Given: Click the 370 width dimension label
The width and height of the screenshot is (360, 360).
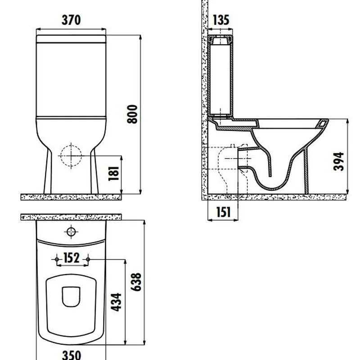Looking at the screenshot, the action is click(x=71, y=20).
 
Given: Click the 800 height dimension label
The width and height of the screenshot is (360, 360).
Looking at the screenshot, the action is click(x=132, y=114).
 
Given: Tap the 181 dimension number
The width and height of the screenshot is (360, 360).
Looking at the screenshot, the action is click(x=114, y=174).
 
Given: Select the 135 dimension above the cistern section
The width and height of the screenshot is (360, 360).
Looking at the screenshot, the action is click(x=221, y=20).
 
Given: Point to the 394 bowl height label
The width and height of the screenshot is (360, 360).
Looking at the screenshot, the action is click(x=339, y=162).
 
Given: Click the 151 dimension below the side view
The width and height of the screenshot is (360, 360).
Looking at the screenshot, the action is click(x=223, y=212).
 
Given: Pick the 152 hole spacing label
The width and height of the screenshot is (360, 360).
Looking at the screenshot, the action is click(x=72, y=258).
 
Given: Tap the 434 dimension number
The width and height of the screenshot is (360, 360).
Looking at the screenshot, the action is click(x=116, y=302).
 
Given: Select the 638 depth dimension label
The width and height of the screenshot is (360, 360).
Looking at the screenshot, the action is click(x=136, y=282).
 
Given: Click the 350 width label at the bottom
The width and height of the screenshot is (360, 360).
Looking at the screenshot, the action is click(x=72, y=355).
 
